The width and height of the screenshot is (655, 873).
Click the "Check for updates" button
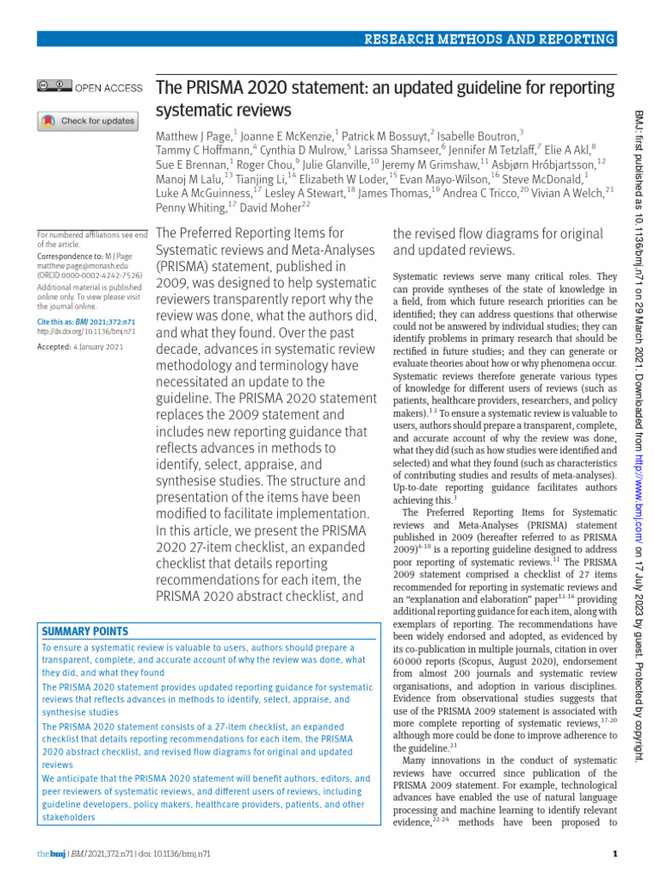[87, 121]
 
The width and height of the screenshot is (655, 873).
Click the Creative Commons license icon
[54, 87]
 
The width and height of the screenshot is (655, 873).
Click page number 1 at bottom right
[616, 854]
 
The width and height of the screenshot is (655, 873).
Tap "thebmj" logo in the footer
[49, 854]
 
